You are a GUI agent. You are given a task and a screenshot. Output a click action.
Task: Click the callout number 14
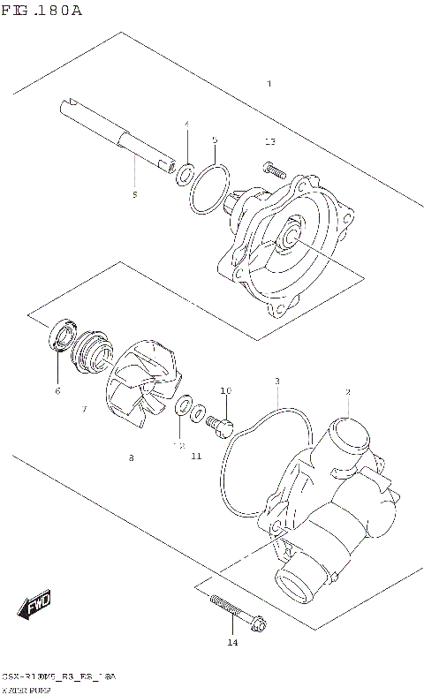[233, 642]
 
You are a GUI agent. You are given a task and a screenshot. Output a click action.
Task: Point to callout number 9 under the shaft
[134, 194]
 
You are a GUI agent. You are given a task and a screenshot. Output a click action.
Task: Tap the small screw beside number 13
[273, 167]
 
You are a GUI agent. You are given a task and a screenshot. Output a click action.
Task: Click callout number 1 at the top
[269, 83]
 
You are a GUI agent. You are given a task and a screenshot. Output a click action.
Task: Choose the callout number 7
[84, 409]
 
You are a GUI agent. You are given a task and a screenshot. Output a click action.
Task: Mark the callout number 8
[131, 457]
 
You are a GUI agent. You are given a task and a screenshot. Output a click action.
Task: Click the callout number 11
[196, 456]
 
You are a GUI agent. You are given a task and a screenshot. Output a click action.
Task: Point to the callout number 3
[276, 381]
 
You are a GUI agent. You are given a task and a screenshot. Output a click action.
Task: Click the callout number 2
[348, 392]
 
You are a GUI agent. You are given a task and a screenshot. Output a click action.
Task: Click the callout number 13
[270, 141]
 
